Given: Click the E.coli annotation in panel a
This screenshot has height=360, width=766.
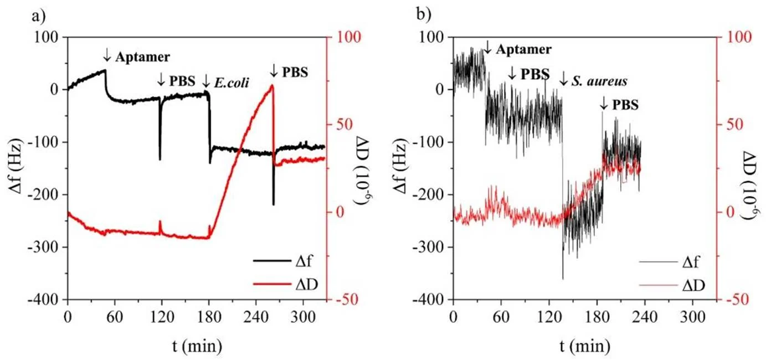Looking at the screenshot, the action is pos(232,83).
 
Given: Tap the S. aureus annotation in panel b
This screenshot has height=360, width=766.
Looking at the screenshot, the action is pos(599,81).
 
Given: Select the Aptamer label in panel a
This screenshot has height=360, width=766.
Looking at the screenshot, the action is pos(142,56).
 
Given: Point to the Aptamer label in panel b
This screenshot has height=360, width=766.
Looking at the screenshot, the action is pos(524,49).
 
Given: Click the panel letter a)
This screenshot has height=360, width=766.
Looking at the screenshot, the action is pos(39,16).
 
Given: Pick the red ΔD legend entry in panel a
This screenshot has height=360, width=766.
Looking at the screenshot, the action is pos(286,284).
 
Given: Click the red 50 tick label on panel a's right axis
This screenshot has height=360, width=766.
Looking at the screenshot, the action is pos(345,124).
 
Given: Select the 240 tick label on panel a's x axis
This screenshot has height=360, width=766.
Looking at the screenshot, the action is pos(256,317).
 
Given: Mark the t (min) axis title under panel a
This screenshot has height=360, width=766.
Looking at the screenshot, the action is pos(197,346).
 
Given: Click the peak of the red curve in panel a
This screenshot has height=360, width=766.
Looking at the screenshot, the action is pos(272,85).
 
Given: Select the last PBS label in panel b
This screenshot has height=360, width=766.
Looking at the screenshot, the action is pos(625,105).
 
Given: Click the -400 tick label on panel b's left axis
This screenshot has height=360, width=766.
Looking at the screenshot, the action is pos(429,300).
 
